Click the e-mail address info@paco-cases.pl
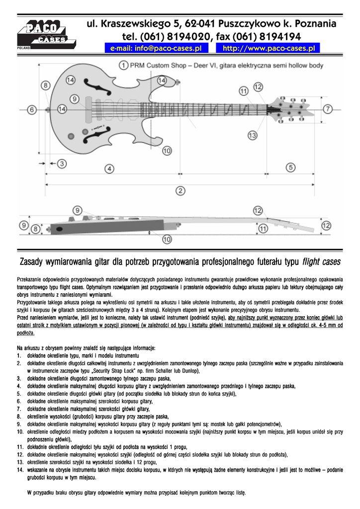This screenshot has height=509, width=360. (x=156, y=48)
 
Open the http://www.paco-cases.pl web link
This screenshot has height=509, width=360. (x=269, y=48)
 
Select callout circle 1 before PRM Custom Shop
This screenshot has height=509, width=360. (x=123, y=65)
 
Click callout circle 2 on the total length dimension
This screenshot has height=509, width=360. (x=180, y=190)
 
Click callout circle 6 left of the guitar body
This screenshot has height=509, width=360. (x=31, y=109)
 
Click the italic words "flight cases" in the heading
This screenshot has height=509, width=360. (x=321, y=261)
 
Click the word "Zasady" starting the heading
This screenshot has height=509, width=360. (x=34, y=261)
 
